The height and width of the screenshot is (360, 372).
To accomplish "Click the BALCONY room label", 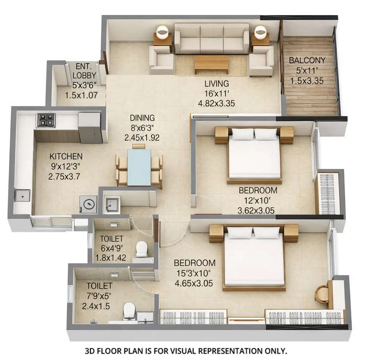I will [307, 60].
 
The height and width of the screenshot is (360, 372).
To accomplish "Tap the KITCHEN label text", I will [66, 156].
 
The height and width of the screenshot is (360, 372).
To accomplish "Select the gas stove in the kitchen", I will [46, 120].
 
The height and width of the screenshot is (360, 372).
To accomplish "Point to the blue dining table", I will [139, 167].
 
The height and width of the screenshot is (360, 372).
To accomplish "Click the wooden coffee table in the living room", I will [211, 65].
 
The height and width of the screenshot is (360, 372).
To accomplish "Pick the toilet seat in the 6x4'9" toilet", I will [141, 249].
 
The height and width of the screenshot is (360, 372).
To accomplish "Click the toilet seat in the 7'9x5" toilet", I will [129, 311].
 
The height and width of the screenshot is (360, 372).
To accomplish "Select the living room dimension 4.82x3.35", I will [216, 103].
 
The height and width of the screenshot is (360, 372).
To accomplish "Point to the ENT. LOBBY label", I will [84, 71].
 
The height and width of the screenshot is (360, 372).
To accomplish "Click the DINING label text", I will [142, 118].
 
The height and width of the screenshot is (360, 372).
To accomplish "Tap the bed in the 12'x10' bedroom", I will [254, 156].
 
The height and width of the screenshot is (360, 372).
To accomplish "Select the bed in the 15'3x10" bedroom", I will [254, 258].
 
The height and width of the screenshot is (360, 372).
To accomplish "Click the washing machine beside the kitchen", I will [89, 205].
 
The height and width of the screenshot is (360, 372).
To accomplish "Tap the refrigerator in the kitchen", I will [89, 127].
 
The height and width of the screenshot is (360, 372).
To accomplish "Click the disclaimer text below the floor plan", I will [186, 351].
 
